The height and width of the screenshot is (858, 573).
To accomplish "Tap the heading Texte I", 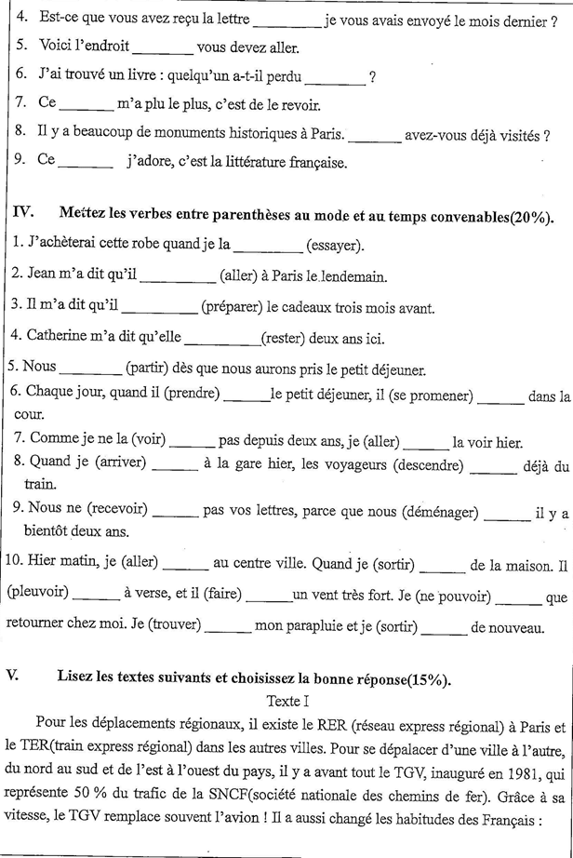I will coord(289,700).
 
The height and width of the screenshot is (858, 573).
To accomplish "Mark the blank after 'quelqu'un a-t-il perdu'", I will coord(335,79).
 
